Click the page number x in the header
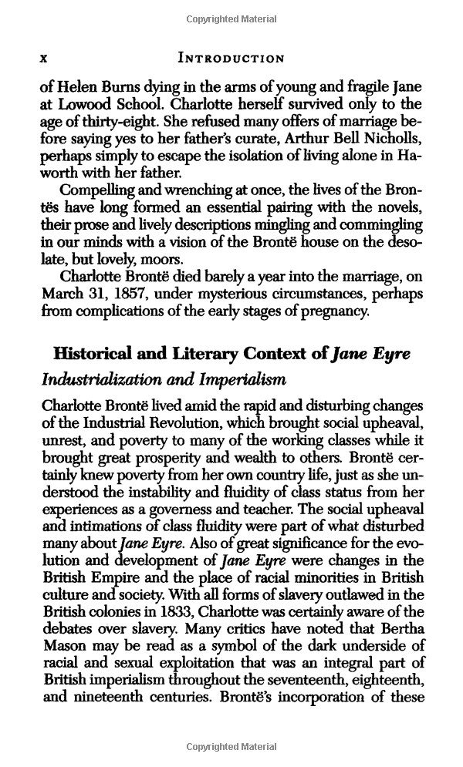click(45, 58)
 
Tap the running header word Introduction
click(231, 58)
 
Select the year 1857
click(130, 295)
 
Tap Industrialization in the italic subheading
click(103, 380)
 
